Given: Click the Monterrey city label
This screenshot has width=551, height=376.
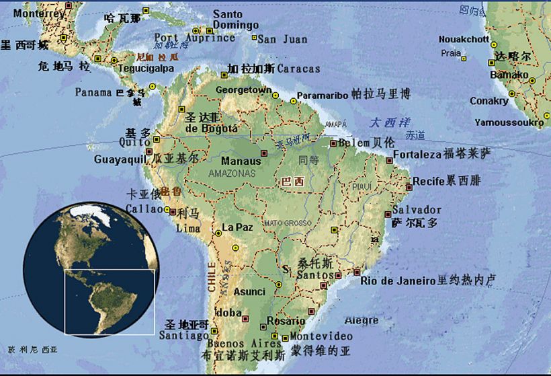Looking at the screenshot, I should (x=39, y=13).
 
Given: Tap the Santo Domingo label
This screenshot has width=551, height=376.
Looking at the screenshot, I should (x=236, y=20).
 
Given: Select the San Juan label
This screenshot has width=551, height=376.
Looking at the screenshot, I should (x=282, y=39).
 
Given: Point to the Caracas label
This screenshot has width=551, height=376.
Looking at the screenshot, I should (x=298, y=69).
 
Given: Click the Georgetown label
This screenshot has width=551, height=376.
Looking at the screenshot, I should (x=243, y=89).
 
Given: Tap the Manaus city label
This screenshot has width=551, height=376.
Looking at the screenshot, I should (x=241, y=161).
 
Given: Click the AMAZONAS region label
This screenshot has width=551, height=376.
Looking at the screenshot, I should (x=232, y=173).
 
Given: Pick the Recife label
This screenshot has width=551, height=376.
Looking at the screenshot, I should (x=428, y=181).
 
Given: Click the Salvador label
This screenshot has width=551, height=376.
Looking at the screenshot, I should (x=417, y=210).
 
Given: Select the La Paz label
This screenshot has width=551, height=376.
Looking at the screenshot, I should (x=237, y=227).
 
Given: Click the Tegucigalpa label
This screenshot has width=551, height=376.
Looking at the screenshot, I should (x=146, y=68).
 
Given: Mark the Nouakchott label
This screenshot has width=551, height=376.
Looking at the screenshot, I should (x=464, y=39).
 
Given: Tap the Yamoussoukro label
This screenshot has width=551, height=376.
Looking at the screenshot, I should (x=509, y=122).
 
